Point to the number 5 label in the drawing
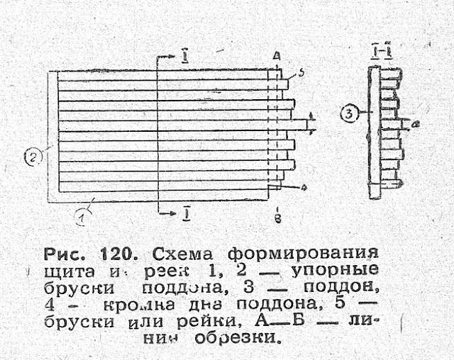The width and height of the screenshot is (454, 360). click(301, 73)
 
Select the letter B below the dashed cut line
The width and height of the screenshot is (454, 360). click(277, 219)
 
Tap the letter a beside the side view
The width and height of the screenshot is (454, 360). click(416, 123)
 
